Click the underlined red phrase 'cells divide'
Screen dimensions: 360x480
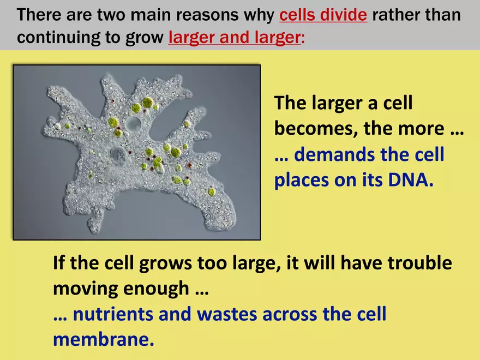(x=323, y=15)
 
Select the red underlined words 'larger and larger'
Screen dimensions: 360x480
(x=234, y=38)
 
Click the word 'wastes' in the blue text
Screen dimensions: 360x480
(x=230, y=314)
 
